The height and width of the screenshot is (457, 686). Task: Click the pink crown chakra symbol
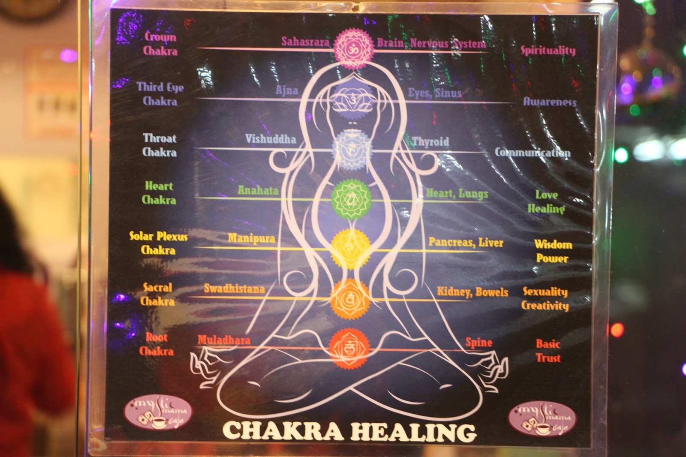(353, 48)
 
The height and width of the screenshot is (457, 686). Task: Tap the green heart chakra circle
(351, 198)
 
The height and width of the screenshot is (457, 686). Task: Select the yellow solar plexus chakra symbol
(351, 249)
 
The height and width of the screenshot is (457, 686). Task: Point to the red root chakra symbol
(349, 348)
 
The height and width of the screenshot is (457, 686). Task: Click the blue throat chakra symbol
(352, 149)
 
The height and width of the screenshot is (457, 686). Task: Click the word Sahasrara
(305, 42)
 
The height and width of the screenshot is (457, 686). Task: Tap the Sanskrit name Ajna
(286, 90)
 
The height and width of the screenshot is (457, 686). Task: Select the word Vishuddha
(270, 139)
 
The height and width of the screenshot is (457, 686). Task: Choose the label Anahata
(258, 190)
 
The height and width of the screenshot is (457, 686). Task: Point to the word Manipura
(251, 238)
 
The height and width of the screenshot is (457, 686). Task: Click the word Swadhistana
(234, 288)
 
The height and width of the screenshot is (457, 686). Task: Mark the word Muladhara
(224, 340)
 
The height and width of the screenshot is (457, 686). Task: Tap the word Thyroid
(430, 141)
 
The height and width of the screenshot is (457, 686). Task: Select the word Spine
(478, 342)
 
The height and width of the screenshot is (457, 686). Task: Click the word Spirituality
(548, 50)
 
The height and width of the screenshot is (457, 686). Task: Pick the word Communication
(532, 153)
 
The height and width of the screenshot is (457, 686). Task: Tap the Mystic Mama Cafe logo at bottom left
(157, 413)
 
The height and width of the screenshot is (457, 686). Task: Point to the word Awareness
(549, 102)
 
